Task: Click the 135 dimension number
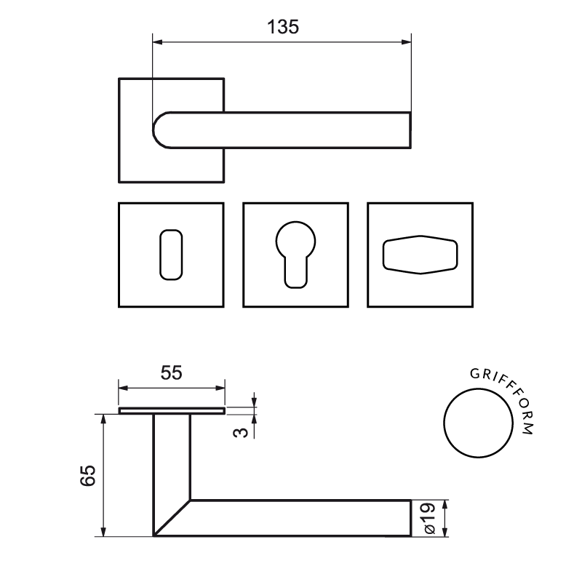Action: pos(283,27)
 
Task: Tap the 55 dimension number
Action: pos(172,372)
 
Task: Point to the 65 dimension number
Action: pos(88,475)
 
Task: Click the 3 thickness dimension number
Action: pos(242,432)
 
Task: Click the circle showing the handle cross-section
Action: pos(444,423)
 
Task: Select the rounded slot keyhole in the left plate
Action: pos(160,255)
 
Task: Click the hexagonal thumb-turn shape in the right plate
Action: pos(420,236)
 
